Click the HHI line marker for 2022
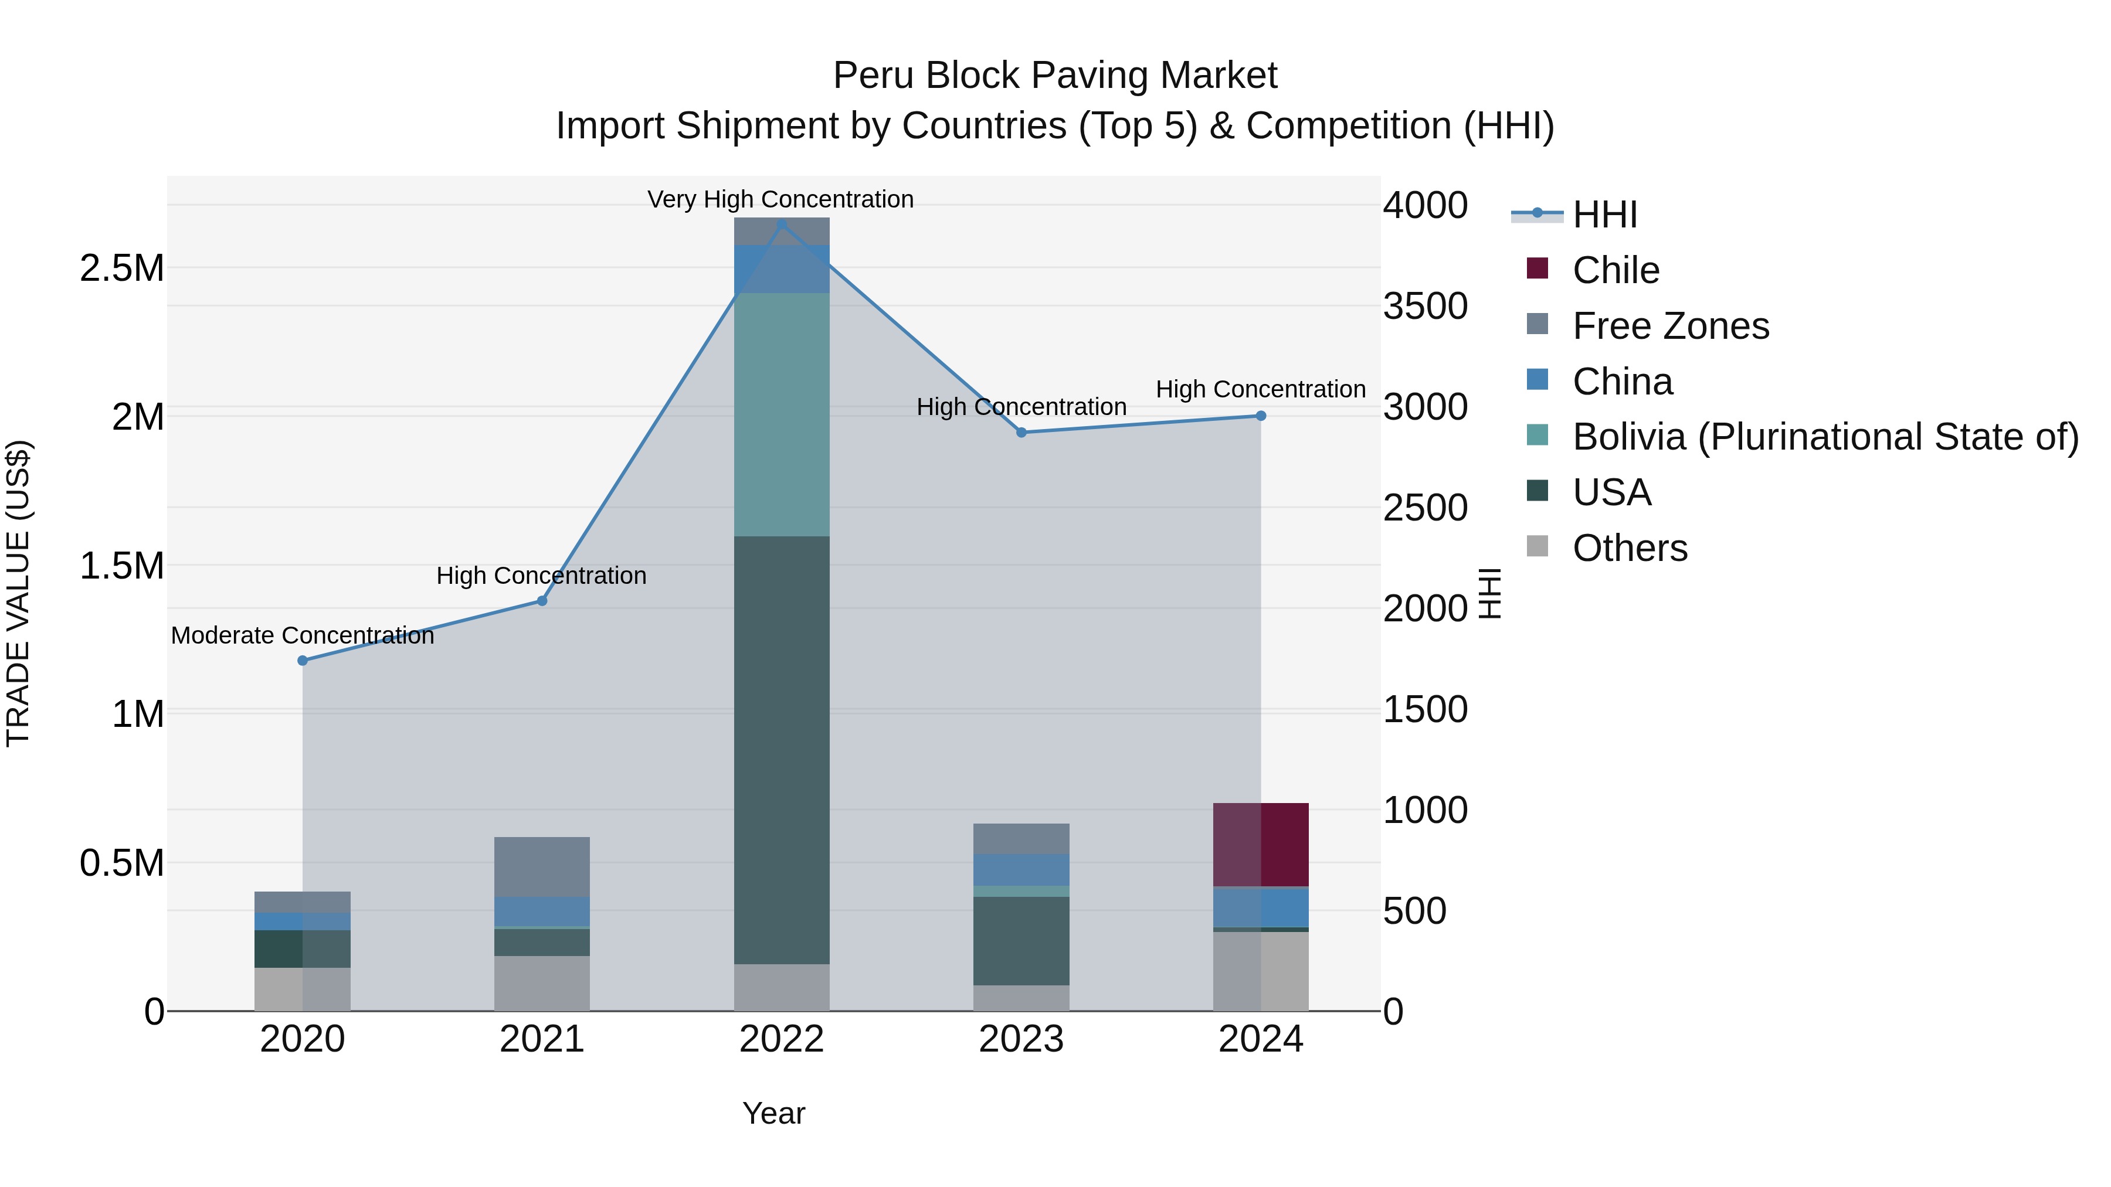click(781, 225)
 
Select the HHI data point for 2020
click(303, 660)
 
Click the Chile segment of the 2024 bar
click(1260, 845)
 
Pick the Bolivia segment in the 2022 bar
click(781, 414)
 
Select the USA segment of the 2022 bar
click(781, 750)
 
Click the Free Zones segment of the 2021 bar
click(542, 867)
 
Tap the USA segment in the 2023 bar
click(1021, 940)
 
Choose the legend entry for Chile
click(1614, 270)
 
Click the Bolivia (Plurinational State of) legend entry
click(1824, 437)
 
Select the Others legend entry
click(1629, 548)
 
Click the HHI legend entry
click(1604, 215)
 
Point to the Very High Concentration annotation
click(780, 199)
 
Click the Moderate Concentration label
click(303, 635)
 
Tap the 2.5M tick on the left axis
click(122, 268)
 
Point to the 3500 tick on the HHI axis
click(1425, 307)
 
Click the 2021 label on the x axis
click(542, 1039)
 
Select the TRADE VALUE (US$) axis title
click(18, 593)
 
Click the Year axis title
click(773, 1113)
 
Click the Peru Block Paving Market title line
click(1055, 76)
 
